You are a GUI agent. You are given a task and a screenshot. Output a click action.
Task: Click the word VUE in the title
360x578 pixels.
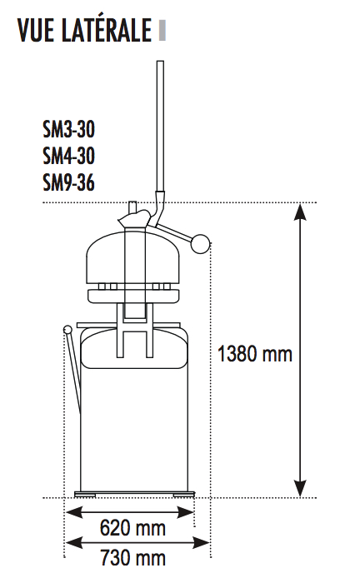coord(35,29)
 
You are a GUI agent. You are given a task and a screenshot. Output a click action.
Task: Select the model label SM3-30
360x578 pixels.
coord(69,129)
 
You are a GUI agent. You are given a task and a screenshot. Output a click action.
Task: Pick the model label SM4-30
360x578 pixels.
coord(69,156)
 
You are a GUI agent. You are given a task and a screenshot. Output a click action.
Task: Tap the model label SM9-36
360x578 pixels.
coord(69,182)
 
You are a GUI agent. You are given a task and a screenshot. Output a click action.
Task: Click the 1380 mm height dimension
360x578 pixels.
coord(255,353)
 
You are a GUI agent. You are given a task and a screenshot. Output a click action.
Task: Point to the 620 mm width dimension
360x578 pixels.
coord(132,528)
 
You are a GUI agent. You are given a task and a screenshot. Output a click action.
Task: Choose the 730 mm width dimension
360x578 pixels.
coord(132,557)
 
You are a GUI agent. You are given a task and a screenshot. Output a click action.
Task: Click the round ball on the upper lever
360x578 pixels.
coord(201,244)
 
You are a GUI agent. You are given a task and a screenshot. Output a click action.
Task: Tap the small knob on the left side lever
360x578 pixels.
coord(67,329)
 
